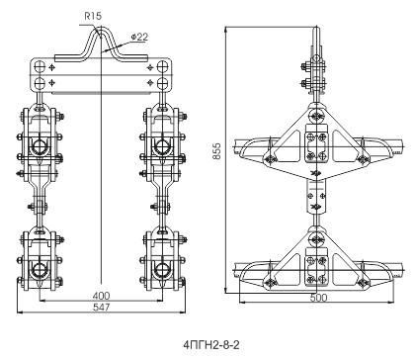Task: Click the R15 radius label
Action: (x=93, y=16)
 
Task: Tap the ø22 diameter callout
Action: (x=139, y=38)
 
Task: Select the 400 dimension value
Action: (x=101, y=296)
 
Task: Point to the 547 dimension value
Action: (x=101, y=308)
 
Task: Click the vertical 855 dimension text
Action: (x=216, y=151)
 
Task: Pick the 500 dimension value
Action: (x=318, y=298)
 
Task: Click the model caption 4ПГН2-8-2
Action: (x=211, y=345)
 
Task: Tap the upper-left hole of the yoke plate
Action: (x=40, y=66)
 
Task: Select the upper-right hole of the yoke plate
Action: (x=162, y=66)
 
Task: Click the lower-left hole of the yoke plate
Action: (x=40, y=82)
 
